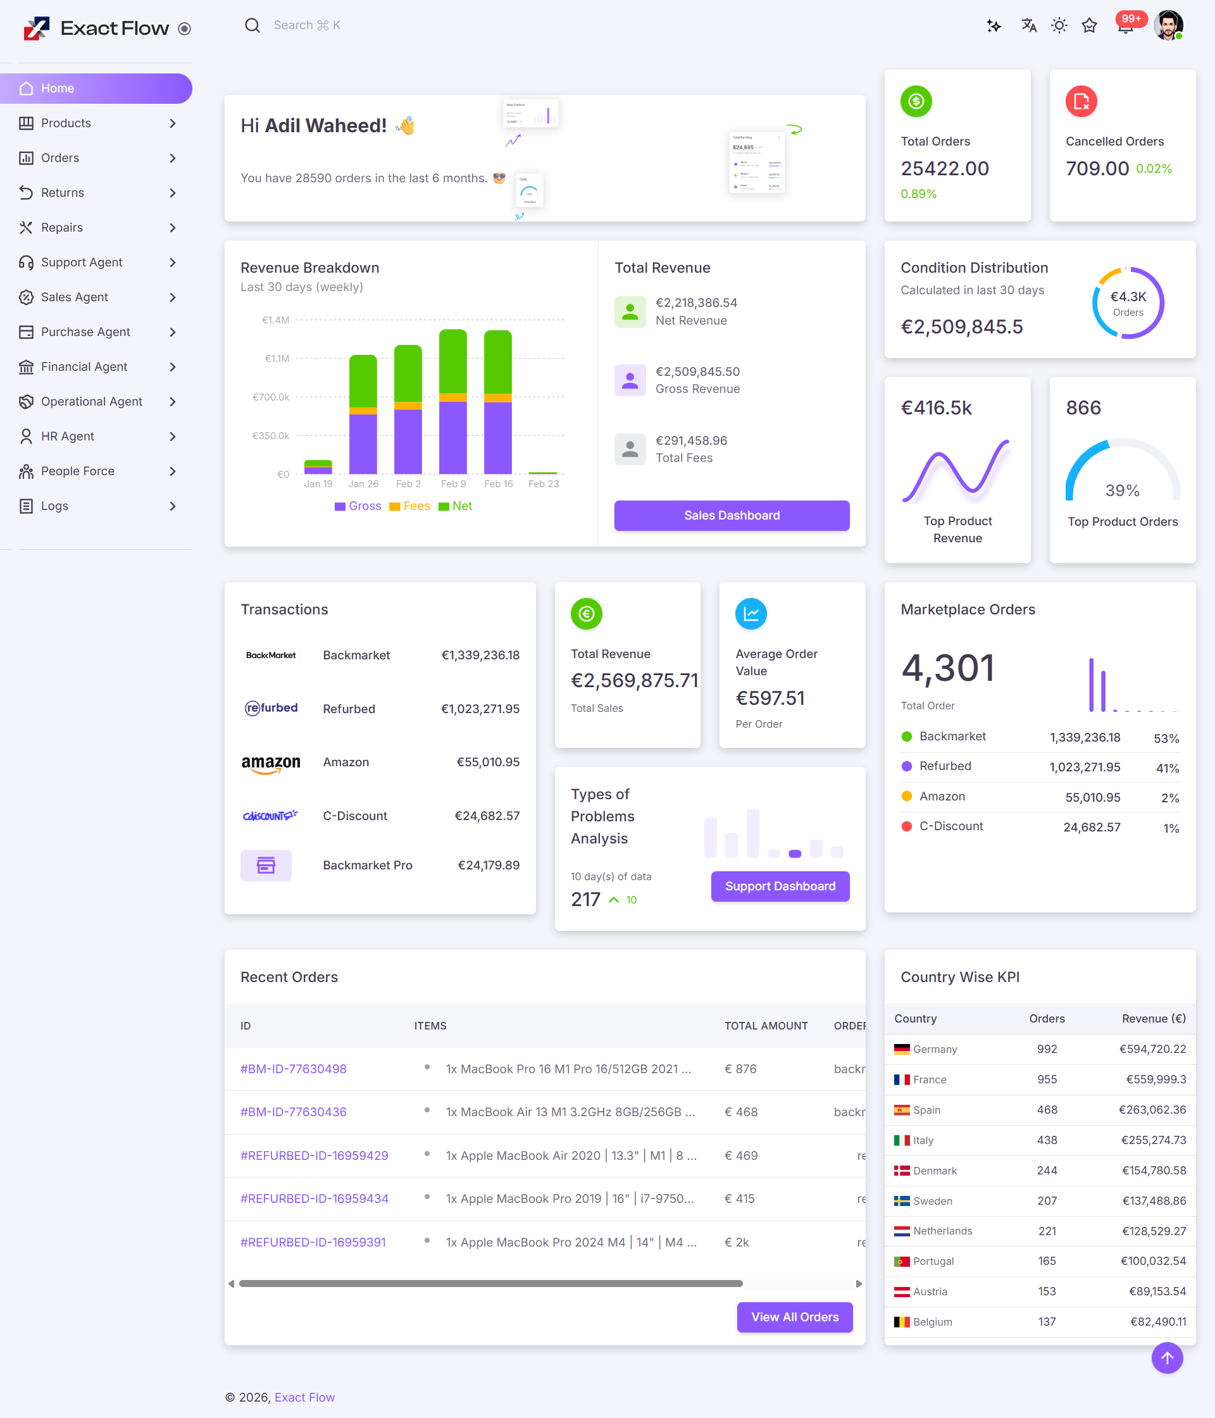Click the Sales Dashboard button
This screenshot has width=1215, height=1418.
point(731,515)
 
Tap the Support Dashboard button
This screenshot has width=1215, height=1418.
point(780,886)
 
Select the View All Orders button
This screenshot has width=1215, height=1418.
point(794,1317)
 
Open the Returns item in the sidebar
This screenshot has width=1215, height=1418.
point(62,193)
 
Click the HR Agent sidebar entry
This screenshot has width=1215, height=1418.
point(67,437)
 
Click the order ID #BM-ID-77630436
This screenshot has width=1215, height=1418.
point(293,1112)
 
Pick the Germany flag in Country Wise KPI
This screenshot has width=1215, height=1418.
point(902,1049)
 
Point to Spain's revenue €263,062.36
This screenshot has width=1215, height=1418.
point(1152,1110)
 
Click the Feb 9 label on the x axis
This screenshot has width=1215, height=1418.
point(453,484)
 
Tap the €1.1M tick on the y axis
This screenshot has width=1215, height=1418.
point(277,359)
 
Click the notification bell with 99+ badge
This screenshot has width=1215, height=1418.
point(1125,27)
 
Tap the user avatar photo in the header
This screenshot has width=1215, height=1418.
point(1168,25)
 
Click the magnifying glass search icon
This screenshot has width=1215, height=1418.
point(252,25)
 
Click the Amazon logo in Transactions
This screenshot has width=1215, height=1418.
point(270,763)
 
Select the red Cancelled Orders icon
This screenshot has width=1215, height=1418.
point(1081,102)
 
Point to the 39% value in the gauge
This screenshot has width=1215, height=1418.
point(1122,490)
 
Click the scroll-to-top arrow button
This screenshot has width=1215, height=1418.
point(1166,1358)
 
